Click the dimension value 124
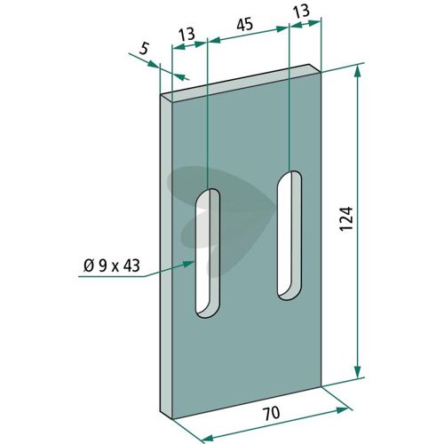coord(346,219)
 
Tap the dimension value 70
coord(272,413)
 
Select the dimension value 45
coord(245,25)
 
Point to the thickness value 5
coord(143,48)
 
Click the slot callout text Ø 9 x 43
coord(112,266)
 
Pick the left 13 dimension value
coord(187,35)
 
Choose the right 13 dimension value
coord(301,12)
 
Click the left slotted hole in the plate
coord(208,253)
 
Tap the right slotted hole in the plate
coord(289,235)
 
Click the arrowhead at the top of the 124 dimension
coord(358,71)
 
